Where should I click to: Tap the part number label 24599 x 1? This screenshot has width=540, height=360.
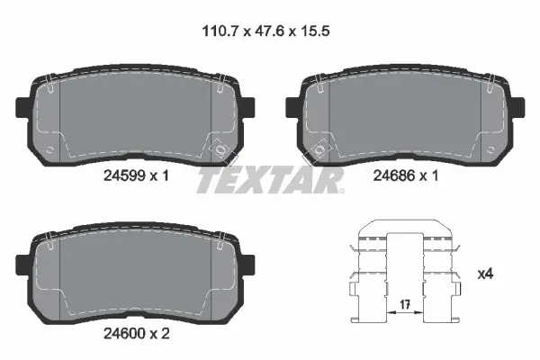[134, 176]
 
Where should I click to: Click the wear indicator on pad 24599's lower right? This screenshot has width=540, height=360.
[216, 145]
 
